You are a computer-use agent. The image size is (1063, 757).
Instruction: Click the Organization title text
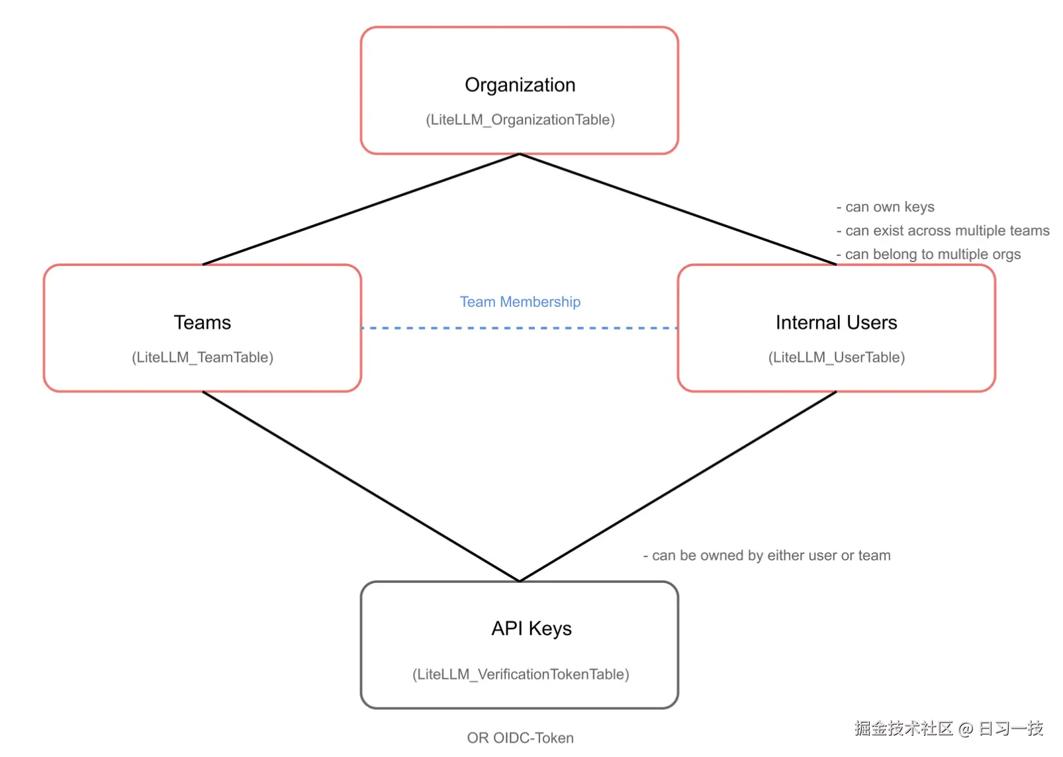520,85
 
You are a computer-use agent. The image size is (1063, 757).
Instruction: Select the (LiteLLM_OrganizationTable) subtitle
520,120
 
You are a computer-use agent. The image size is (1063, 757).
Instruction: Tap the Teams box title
202,323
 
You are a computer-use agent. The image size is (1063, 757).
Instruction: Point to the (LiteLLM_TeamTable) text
202,357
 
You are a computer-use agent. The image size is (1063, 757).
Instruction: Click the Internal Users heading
836,323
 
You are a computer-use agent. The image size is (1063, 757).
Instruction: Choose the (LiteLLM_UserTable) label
836,357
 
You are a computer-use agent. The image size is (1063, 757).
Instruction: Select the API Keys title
531,629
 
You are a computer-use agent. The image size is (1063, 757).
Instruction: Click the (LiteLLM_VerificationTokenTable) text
520,674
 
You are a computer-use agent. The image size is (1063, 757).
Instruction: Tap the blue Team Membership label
520,302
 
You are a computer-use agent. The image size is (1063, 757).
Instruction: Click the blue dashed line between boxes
520,328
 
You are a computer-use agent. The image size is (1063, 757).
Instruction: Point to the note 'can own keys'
886,207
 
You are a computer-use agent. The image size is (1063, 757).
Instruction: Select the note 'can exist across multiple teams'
943,231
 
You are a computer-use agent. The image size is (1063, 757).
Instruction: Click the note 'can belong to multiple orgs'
929,255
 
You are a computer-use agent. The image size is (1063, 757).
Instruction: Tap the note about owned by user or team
766,556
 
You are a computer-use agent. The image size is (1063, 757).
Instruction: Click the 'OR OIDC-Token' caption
520,738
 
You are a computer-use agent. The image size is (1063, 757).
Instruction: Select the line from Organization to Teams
361,209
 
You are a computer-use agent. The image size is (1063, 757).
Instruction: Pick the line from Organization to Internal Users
678,209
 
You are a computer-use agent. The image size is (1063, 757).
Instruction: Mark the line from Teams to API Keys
361,486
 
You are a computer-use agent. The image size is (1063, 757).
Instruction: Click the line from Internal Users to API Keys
678,486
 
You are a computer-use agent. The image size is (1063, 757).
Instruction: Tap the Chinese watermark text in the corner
948,729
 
